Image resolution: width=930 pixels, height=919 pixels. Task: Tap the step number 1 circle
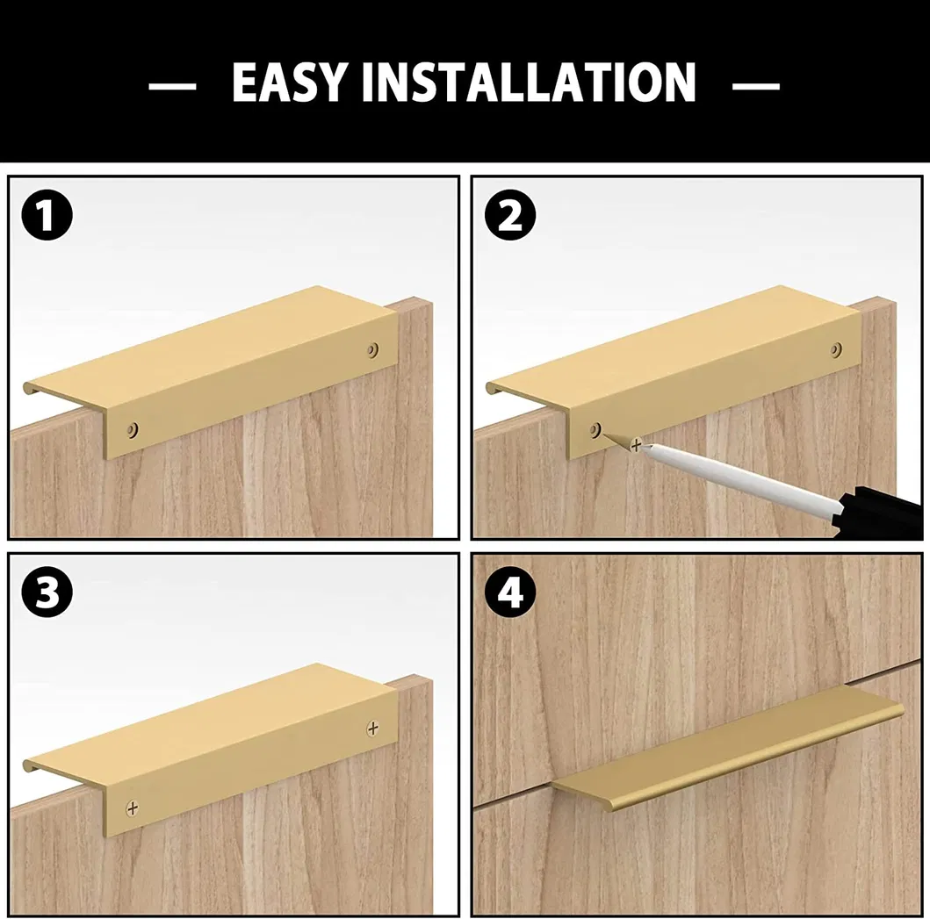(x=47, y=215)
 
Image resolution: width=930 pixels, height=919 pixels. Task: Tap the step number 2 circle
(x=510, y=215)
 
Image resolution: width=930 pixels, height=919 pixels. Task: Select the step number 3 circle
(x=47, y=592)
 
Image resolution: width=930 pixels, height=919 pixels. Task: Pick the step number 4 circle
(x=510, y=592)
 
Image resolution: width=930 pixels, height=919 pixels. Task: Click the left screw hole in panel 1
(x=133, y=429)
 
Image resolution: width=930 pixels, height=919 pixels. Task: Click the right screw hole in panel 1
(x=373, y=349)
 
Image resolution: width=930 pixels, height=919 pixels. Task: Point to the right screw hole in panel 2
(x=836, y=349)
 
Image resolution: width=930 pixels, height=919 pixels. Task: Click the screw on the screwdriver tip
(x=636, y=444)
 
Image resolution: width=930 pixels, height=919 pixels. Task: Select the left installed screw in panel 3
(x=133, y=808)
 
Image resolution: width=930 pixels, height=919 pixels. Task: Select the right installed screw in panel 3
(x=373, y=727)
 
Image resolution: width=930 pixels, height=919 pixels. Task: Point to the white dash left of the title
(x=172, y=86)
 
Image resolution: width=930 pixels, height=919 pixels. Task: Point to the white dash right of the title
(x=755, y=86)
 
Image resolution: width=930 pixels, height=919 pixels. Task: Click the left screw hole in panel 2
(x=595, y=429)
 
